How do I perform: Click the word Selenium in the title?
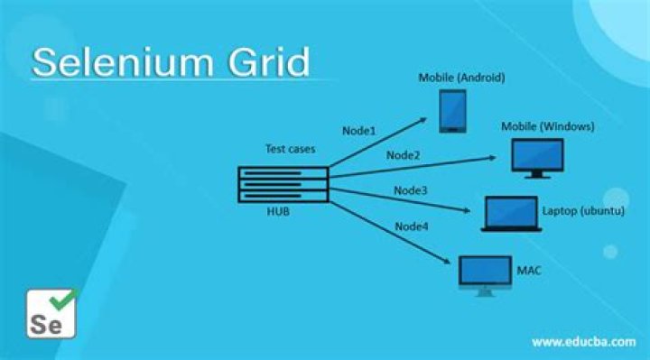click(x=123, y=62)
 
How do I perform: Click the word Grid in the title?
click(x=269, y=62)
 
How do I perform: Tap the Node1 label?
click(x=359, y=131)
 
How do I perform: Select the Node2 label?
click(x=403, y=155)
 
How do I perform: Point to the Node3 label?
click(x=411, y=190)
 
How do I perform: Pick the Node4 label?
click(x=412, y=226)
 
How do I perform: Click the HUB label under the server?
click(x=278, y=212)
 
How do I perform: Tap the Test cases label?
click(x=290, y=149)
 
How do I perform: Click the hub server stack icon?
click(x=283, y=184)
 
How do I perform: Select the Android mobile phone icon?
click(x=452, y=112)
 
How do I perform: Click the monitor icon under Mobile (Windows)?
click(x=537, y=158)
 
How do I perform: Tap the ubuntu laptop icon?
click(x=511, y=214)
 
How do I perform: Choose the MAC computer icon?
click(x=485, y=276)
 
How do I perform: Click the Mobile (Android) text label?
click(x=462, y=78)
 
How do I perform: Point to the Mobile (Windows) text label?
click(x=548, y=126)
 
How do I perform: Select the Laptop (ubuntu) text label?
click(x=583, y=211)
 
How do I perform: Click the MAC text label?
click(x=529, y=271)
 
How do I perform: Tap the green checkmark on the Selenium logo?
click(x=62, y=300)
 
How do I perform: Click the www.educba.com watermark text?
click(x=584, y=342)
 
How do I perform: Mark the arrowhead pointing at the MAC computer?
click(x=447, y=261)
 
